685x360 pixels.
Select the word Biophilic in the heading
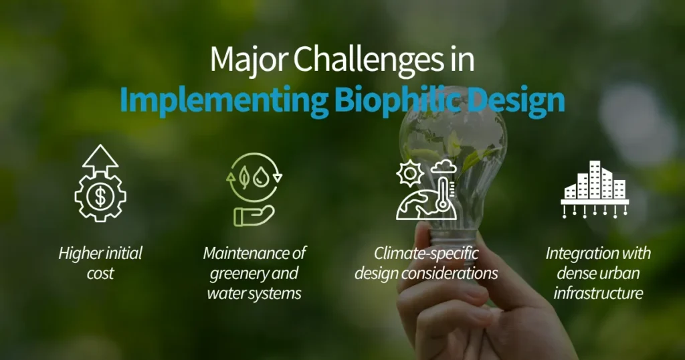(x=394, y=100)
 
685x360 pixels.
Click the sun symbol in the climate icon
(x=407, y=173)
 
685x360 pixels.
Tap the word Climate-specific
(x=425, y=254)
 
